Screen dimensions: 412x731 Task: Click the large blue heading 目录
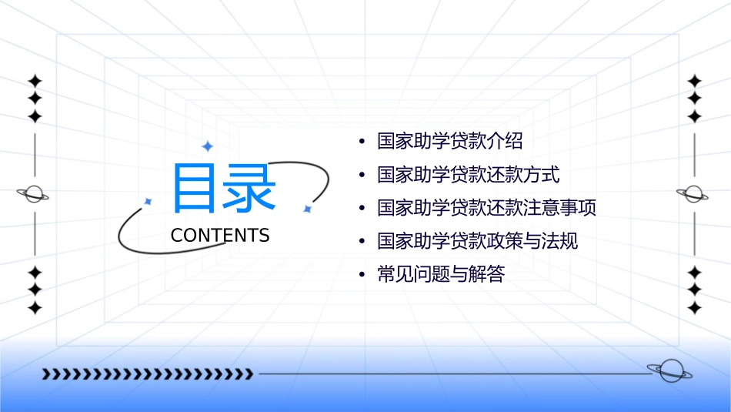tap(223, 189)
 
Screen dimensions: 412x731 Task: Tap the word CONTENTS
tap(220, 236)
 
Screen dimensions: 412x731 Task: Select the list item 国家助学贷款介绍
tap(450, 142)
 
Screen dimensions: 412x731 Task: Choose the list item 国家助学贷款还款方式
tap(469, 175)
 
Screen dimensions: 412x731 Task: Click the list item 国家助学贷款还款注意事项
tap(487, 208)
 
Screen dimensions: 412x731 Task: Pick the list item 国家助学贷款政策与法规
tap(478, 241)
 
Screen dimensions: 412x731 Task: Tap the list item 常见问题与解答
tap(441, 274)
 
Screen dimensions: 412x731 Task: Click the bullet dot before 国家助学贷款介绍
tap(362, 142)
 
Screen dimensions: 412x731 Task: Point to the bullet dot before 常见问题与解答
tap(362, 275)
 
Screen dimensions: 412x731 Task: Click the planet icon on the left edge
tap(34, 194)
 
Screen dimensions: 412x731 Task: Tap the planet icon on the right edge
tap(693, 194)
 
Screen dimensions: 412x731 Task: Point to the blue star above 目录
tap(206, 146)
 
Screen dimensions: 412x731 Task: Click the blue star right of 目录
tap(307, 209)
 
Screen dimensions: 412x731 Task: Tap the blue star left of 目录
tap(149, 201)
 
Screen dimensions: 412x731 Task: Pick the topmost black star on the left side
tap(35, 81)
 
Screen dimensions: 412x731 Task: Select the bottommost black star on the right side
tap(695, 308)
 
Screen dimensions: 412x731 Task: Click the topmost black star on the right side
tap(695, 81)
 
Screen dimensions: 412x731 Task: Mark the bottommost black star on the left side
tap(35, 308)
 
